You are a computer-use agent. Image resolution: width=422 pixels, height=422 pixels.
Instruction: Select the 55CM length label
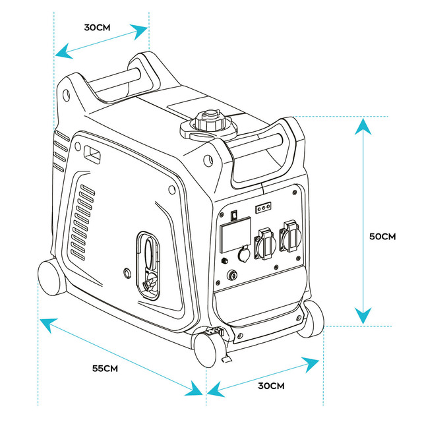point(105,367)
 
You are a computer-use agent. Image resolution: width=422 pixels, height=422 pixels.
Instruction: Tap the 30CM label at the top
point(97,28)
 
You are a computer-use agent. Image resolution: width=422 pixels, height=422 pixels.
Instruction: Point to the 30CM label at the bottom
point(271,385)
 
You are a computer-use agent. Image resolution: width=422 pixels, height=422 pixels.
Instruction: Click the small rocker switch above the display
point(233,213)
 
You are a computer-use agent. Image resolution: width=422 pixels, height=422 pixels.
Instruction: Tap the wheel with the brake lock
point(211,347)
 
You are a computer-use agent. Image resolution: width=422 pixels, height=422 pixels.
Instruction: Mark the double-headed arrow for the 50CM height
point(361,221)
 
